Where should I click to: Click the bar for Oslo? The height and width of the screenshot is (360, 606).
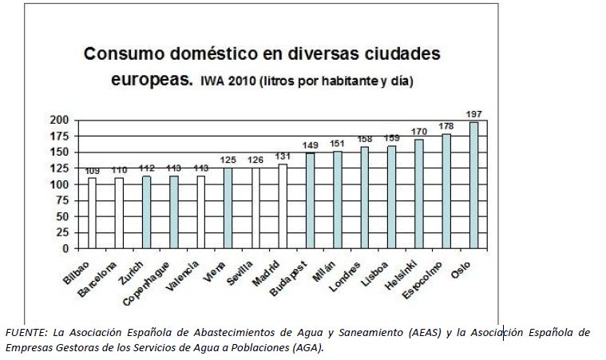[473, 185]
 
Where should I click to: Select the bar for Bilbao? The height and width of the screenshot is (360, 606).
[92, 213]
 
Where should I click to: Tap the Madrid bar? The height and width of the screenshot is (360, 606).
[282, 206]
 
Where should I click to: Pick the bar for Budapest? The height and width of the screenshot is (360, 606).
[310, 200]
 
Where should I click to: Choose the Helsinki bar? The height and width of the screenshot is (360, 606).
[418, 194]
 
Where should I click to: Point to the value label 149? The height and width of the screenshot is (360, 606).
[310, 145]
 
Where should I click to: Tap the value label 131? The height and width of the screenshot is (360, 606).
[282, 156]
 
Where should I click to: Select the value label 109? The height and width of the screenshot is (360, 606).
[92, 170]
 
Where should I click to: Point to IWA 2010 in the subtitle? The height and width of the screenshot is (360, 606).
[225, 81]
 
